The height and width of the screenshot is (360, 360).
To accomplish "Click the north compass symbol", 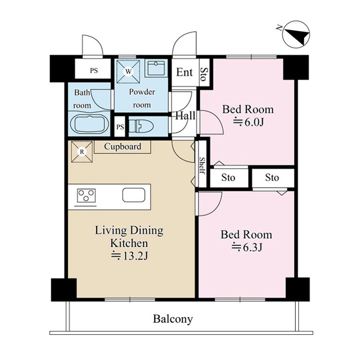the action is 296,34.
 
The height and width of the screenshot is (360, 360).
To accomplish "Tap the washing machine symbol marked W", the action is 128,71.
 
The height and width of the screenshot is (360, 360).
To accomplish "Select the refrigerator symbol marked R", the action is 82,152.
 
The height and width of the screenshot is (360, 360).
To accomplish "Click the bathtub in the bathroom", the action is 89,124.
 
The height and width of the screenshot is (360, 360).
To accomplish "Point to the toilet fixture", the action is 141,126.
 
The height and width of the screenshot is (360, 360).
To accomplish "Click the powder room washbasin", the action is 156,68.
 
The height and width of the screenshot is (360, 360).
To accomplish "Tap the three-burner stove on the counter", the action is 86,196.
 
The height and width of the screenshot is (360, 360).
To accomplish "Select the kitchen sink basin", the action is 134,195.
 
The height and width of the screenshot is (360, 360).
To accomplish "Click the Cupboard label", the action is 122,146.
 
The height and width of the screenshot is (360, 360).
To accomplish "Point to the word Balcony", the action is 173,319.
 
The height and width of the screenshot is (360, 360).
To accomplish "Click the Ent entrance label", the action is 184,73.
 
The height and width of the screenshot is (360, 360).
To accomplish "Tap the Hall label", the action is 185,115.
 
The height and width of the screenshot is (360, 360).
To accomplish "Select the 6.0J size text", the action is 248,122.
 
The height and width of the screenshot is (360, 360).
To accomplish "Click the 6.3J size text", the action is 247,247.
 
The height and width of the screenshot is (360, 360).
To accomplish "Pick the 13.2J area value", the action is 129,256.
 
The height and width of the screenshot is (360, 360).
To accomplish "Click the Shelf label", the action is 202,166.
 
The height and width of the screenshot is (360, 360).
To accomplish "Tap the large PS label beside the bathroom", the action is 94,70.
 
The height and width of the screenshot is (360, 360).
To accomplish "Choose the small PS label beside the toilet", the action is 120,127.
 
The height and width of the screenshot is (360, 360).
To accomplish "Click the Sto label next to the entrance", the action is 203,74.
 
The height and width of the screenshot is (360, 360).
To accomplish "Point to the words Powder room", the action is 142,98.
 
